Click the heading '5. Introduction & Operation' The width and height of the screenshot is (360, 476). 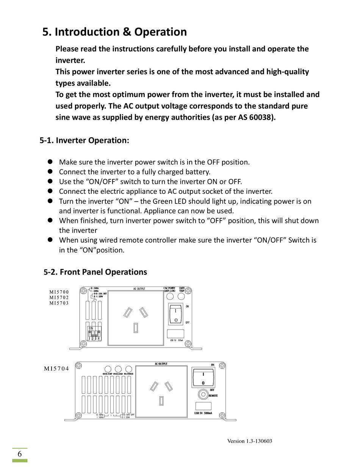pyautogui.click(x=114, y=32)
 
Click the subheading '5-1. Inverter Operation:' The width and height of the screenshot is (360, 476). pyautogui.click(x=85, y=141)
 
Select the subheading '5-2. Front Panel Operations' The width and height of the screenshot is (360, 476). pyautogui.click(x=95, y=272)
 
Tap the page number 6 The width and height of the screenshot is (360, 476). pyautogui.click(x=19, y=454)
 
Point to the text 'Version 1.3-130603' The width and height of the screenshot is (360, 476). pyautogui.click(x=250, y=441)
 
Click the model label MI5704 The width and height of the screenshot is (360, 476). pyautogui.click(x=56, y=368)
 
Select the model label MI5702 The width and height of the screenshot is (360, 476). pyautogui.click(x=59, y=297)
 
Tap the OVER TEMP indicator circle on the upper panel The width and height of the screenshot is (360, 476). pyautogui.click(x=182, y=296)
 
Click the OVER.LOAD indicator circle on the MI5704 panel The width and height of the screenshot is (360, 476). pyautogui.click(x=118, y=369)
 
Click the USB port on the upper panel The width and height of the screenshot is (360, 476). pyautogui.click(x=175, y=334)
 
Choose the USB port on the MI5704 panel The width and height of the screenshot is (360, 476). pyautogui.click(x=203, y=406)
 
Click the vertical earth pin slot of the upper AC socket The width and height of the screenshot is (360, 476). pyautogui.click(x=135, y=328)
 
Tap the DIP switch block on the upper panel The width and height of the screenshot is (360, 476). pyautogui.click(x=94, y=334)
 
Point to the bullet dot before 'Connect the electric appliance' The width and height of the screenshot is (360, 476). pyautogui.click(x=50, y=191)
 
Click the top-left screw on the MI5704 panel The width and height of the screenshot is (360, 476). pyautogui.click(x=78, y=366)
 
